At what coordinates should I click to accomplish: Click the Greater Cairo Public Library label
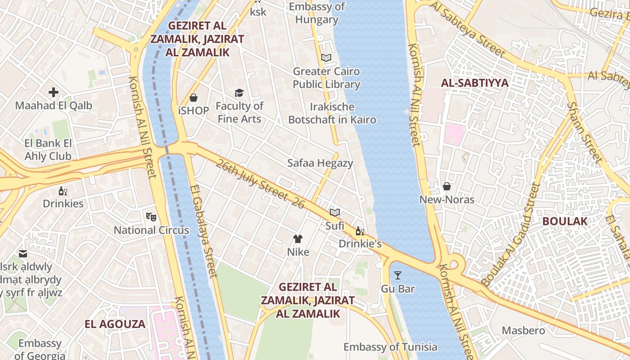[x=326, y=78]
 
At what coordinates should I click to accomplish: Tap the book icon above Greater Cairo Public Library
[x=326, y=58]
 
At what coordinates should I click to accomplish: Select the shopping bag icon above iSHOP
[x=193, y=98]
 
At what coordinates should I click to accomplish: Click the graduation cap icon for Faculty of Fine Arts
[x=239, y=93]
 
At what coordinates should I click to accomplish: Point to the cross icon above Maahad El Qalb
[x=54, y=93]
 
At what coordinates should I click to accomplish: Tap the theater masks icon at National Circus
[x=151, y=217]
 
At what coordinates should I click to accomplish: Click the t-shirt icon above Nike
[x=298, y=239]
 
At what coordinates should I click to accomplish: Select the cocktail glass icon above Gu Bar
[x=398, y=275]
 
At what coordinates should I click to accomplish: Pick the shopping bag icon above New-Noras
[x=447, y=186]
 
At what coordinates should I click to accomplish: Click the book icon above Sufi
[x=334, y=212]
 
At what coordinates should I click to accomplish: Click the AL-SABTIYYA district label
[x=475, y=83]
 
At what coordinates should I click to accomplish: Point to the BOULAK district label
[x=565, y=221]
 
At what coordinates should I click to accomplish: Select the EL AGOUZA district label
[x=115, y=324]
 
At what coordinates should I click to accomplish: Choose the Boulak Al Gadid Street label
[x=510, y=234]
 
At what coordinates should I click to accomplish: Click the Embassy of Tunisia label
[x=390, y=347]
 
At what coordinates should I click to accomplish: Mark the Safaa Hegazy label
[x=320, y=163]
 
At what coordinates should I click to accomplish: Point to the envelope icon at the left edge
[x=23, y=254]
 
